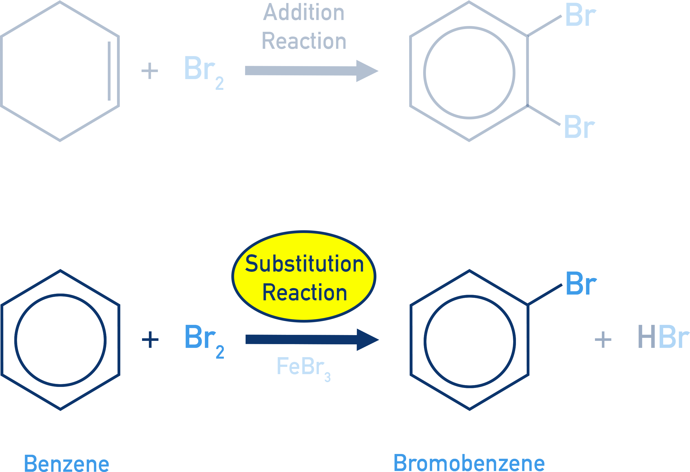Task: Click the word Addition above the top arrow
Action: coord(304,13)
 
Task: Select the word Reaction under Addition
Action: coord(304,41)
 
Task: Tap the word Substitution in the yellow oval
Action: coord(304,264)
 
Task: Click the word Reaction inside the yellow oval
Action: coord(305,293)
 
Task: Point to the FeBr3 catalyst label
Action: coord(303,367)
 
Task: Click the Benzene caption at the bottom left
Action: coord(67,463)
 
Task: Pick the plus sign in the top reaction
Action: coord(150,71)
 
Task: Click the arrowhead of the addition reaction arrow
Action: coord(367,71)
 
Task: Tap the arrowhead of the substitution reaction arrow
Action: coord(367,340)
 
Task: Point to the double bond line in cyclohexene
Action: coord(109,71)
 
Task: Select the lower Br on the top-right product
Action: coord(579,127)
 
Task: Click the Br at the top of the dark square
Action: coord(581,284)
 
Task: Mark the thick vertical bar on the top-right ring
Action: coord(520,71)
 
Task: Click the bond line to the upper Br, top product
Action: coord(545,26)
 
